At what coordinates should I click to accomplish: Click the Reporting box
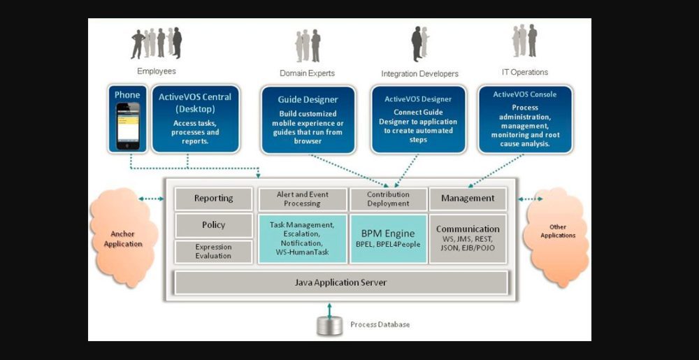pos(213,199)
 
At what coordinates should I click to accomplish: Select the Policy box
pos(213,225)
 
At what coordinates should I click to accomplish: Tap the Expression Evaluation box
pos(213,252)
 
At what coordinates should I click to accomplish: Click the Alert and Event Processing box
pos(303,199)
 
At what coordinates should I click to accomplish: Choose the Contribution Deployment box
pos(388,199)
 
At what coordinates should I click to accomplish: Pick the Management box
pos(468,199)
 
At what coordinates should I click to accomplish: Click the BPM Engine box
pos(388,238)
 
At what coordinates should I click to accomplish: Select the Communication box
pos(468,238)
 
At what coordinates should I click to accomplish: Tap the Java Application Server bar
pos(340,282)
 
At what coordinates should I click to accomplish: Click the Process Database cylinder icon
pos(329,325)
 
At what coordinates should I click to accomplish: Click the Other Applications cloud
pos(557,234)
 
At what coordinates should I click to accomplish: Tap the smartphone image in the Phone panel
pos(127,126)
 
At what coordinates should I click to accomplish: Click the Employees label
pos(157,71)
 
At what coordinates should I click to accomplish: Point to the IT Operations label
pos(525,72)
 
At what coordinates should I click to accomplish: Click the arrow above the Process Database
pos(329,308)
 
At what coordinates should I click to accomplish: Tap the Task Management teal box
pos(303,238)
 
